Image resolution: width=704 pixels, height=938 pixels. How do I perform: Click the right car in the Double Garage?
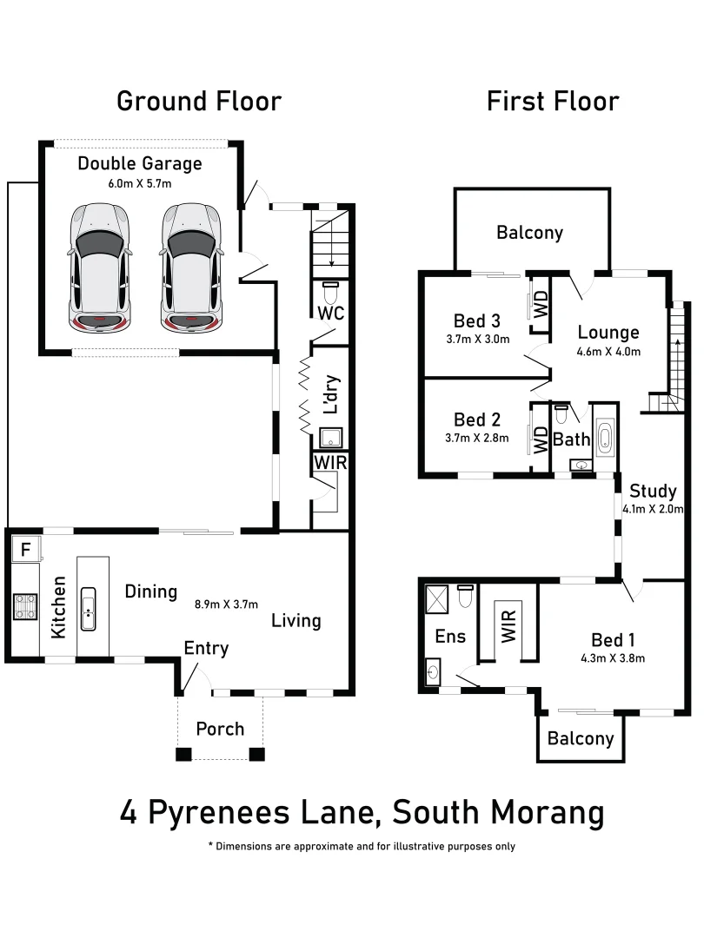[x=191, y=267]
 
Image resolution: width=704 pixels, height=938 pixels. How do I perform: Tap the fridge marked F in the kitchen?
[x=25, y=549]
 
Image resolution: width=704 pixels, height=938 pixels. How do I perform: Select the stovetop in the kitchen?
[x=24, y=605]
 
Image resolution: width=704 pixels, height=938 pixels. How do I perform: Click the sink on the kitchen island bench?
[x=88, y=607]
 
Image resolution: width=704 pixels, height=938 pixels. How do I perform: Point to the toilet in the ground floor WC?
[x=331, y=292]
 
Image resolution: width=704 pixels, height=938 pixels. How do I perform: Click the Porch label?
[x=220, y=729]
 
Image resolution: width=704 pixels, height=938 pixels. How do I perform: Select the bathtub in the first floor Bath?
[x=606, y=439]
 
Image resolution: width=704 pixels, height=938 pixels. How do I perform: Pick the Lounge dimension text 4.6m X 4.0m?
[x=608, y=352]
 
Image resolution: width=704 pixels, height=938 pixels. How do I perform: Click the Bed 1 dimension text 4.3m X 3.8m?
[x=613, y=657]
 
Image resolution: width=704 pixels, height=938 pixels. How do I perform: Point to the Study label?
[x=653, y=490]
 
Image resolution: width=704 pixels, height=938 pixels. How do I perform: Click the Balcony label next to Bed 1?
[x=581, y=739]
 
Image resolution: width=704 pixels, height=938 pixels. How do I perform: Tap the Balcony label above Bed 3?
[x=529, y=233]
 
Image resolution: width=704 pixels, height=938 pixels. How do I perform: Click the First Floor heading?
[x=553, y=101]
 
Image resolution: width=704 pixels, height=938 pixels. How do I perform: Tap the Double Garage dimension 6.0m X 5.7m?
[x=139, y=183]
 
